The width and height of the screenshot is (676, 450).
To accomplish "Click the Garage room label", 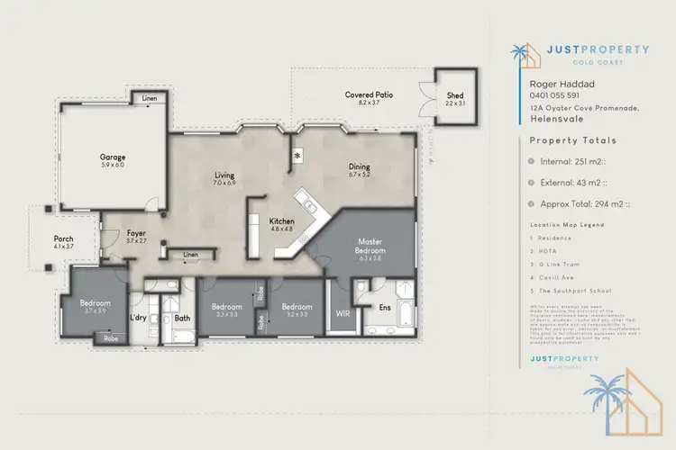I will pos(113,157).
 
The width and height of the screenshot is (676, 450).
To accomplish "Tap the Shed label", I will pos(456,94).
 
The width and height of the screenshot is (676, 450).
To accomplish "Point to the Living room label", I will pos(224,175).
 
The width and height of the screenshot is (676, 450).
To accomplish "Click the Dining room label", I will pos(360,166).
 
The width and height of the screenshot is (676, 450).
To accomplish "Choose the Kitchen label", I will pos(282,220).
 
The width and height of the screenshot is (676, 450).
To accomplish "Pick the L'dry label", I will pos(138,318).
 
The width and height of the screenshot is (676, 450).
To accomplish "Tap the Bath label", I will pos(181,318).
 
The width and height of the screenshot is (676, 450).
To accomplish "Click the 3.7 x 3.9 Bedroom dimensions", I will pos(96,311).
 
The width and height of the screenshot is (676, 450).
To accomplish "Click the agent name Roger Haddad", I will pos(554,83).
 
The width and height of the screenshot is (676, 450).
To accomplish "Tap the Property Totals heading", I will pos(572,140).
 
